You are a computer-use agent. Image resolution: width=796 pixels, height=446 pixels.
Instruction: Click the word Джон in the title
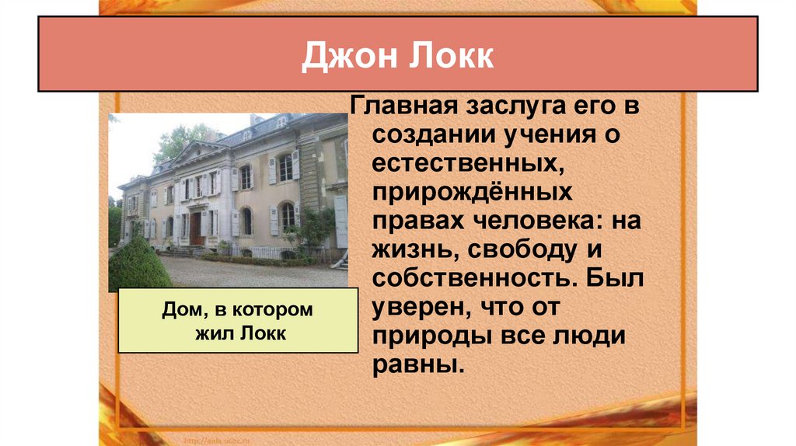(346, 57)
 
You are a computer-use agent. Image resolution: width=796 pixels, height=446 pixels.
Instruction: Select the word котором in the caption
(272, 311)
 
